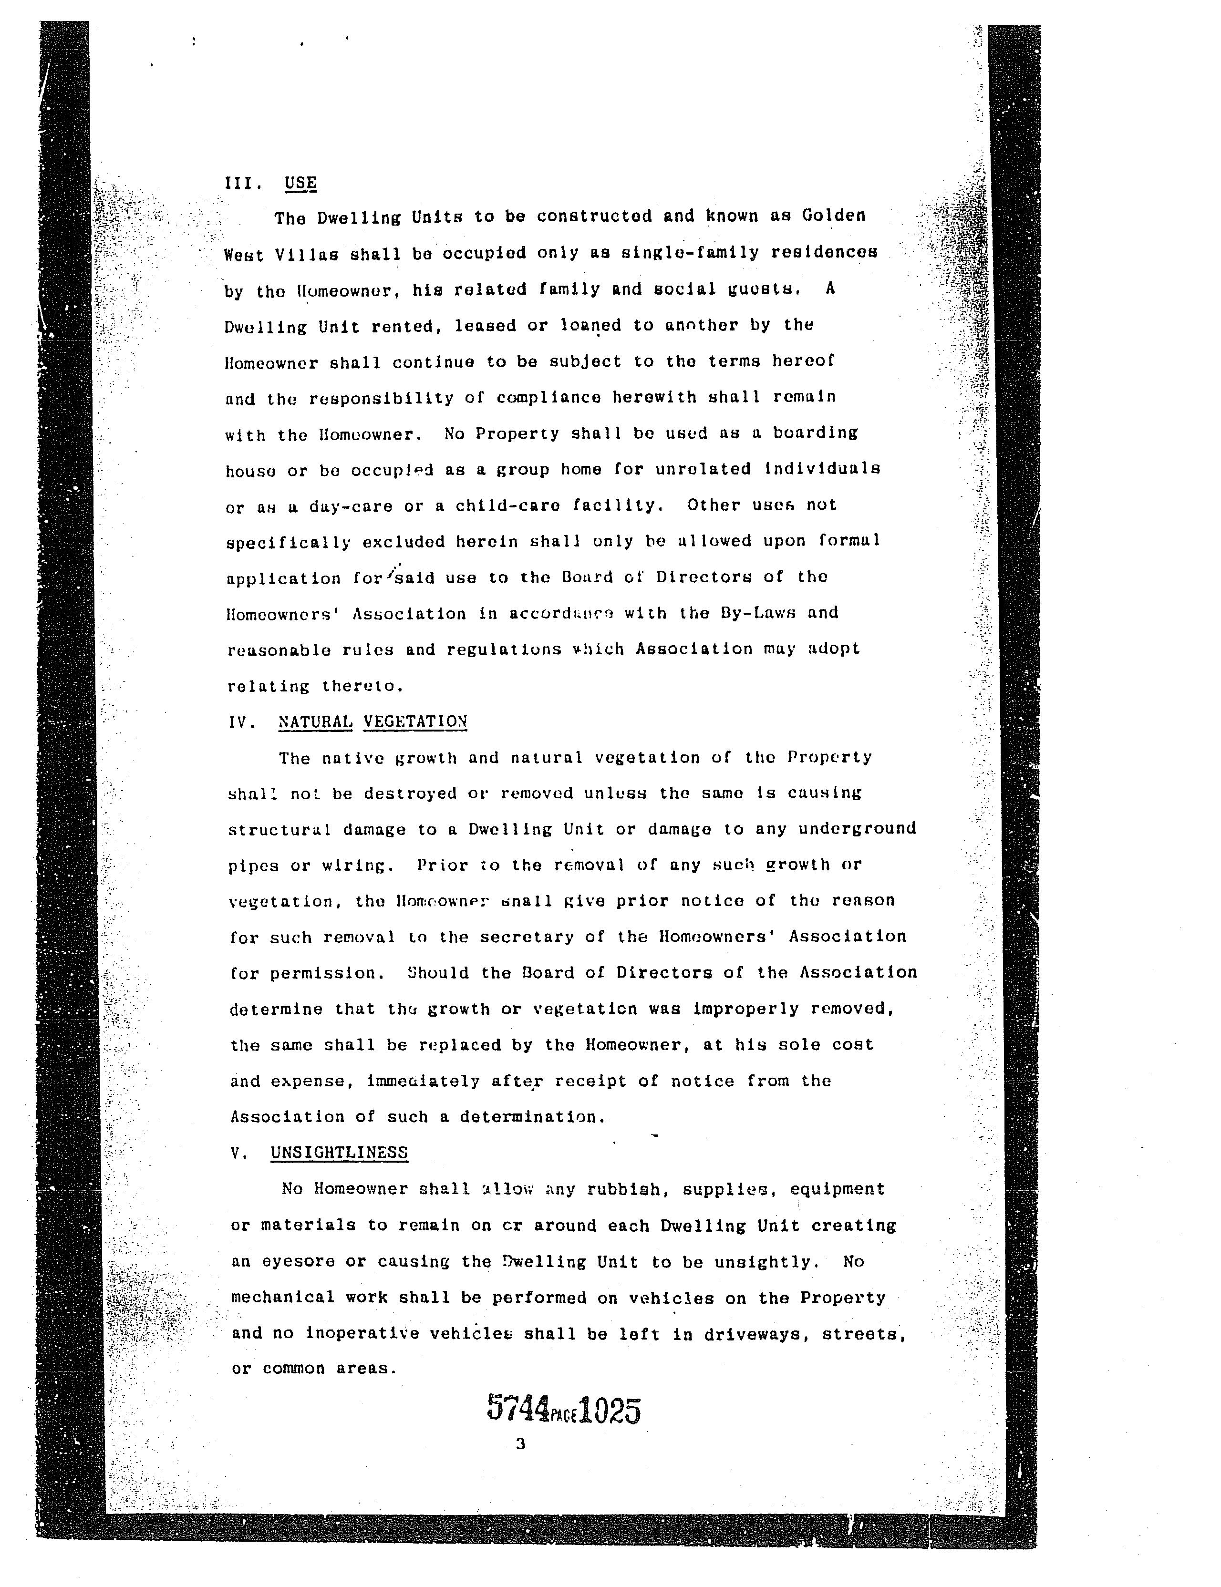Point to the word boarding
(816, 433)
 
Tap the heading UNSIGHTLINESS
(339, 1153)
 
